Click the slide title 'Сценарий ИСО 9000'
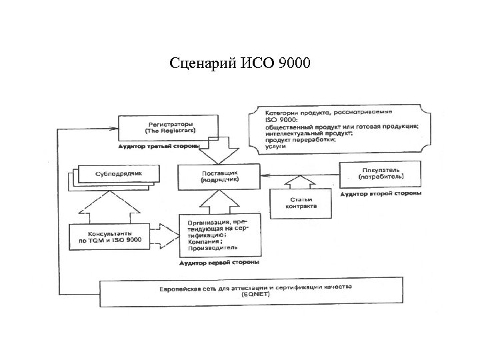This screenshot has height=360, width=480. [x=245, y=64]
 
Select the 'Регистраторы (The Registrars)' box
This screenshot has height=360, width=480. [x=167, y=127]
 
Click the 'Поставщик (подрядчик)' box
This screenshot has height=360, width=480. [x=219, y=177]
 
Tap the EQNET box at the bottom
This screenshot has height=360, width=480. [x=251, y=291]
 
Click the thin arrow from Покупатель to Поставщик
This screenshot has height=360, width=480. [x=300, y=175]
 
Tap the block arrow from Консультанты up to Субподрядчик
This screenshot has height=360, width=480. [x=105, y=203]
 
